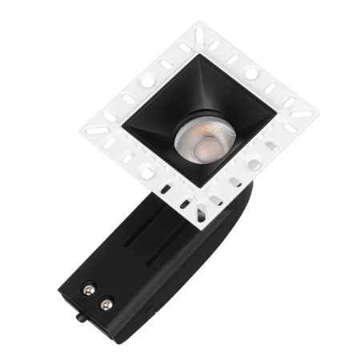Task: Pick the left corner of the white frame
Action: (80, 128)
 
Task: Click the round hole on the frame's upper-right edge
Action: (251, 73)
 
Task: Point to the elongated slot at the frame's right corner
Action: (301, 114)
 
